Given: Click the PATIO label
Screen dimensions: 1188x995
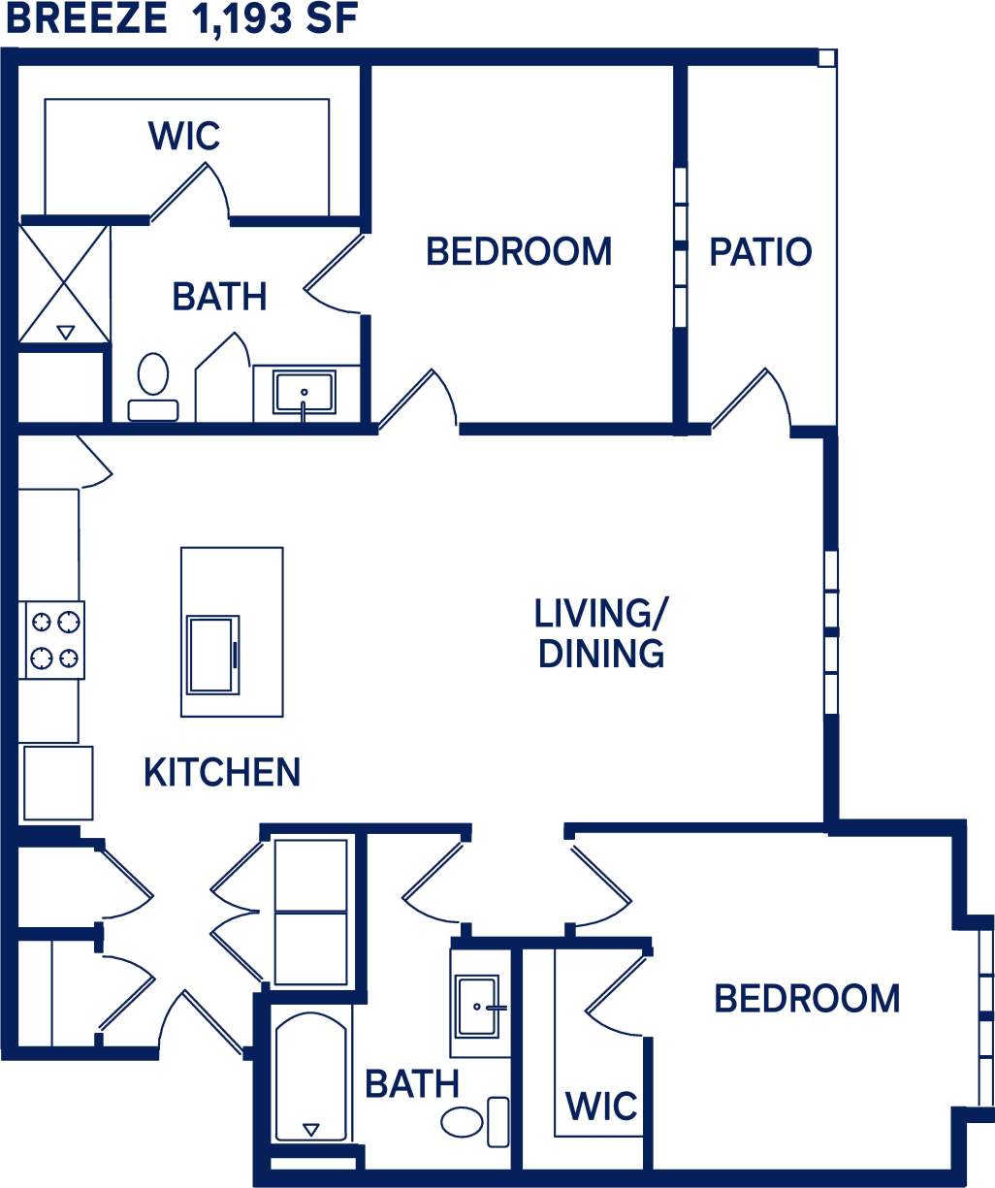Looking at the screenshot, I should coord(760,252).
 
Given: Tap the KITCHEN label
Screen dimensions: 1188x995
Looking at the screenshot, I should coord(222,773).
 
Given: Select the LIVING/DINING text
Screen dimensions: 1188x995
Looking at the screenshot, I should coord(601,633).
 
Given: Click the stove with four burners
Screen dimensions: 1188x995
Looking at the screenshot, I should coord(53,640).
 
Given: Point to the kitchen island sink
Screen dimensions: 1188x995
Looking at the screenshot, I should coord(212,655).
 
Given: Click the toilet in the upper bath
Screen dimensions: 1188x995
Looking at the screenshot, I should coord(152,386).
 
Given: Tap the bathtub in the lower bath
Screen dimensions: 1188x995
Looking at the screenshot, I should coord(310,1076).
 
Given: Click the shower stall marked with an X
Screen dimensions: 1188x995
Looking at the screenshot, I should coord(65,282).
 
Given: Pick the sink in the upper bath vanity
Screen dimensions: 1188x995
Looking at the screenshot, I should coord(304,393).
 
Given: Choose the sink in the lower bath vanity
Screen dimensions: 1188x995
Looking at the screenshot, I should coord(477,1006).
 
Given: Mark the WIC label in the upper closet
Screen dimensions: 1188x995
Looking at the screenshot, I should coord(184,136).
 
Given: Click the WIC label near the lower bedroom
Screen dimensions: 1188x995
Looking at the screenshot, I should coord(601,1106).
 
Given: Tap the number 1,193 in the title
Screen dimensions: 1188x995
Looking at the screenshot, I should coord(241,19).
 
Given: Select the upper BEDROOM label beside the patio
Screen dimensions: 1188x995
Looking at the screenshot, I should coord(519,252).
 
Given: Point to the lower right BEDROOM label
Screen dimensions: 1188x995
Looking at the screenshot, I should coord(807,999).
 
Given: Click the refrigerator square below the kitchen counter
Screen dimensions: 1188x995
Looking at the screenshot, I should coord(57,783).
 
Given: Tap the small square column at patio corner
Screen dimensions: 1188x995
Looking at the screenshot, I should coord(825,58).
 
